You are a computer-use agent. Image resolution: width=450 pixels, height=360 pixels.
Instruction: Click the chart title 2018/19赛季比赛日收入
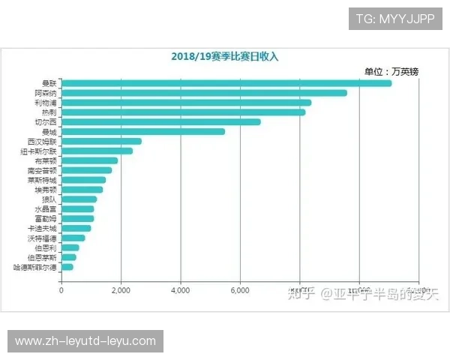[x=224, y=56]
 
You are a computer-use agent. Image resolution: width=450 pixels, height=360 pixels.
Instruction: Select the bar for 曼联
[x=226, y=82]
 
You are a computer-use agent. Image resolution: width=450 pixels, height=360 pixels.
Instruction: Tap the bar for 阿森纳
[x=203, y=92]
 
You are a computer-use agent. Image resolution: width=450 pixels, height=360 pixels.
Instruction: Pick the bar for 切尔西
[x=160, y=121]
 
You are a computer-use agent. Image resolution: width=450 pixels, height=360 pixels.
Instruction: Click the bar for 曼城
[x=142, y=131]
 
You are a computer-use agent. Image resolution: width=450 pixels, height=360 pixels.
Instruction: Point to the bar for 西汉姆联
[x=101, y=141]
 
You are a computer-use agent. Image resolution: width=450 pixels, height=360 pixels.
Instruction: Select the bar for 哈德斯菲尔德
[x=67, y=267]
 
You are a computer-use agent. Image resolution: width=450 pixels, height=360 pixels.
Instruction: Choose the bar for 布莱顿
[x=89, y=160]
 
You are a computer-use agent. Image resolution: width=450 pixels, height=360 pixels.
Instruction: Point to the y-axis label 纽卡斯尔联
[x=39, y=151]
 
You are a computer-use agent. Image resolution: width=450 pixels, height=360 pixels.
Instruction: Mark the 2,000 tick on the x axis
[x=120, y=289]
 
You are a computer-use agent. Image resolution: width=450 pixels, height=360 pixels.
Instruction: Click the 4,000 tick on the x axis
[x=180, y=289]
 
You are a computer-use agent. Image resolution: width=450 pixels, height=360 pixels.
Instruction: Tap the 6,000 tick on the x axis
[x=240, y=289]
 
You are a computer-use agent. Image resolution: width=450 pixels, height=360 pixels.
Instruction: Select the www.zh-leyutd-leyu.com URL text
[x=85, y=341]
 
